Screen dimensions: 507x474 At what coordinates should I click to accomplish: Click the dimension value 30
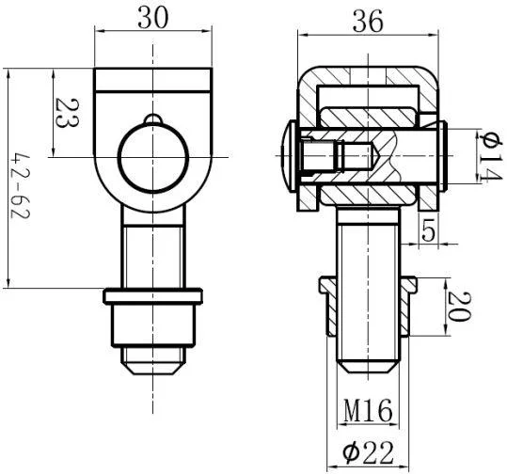(x=153, y=18)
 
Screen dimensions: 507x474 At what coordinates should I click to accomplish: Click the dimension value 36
(x=368, y=21)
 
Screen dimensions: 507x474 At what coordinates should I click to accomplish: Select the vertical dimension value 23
(x=67, y=113)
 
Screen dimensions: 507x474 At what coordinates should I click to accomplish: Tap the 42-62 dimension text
(x=20, y=185)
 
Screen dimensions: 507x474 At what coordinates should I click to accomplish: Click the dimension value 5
(x=428, y=230)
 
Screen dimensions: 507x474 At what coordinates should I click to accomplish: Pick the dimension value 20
(x=459, y=307)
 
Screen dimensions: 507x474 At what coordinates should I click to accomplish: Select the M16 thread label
(x=368, y=410)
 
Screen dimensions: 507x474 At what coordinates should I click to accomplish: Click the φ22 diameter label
(x=369, y=452)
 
